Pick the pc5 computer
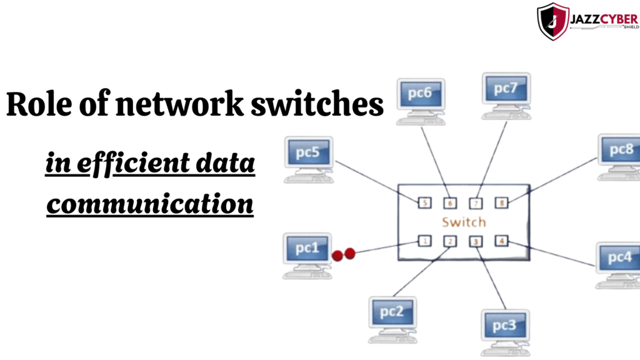308,154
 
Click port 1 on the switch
424,241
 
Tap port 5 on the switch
424,202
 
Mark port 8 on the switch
501,202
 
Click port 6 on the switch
450,203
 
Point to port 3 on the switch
476,241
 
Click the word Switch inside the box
464,222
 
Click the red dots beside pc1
344,254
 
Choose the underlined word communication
150,203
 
